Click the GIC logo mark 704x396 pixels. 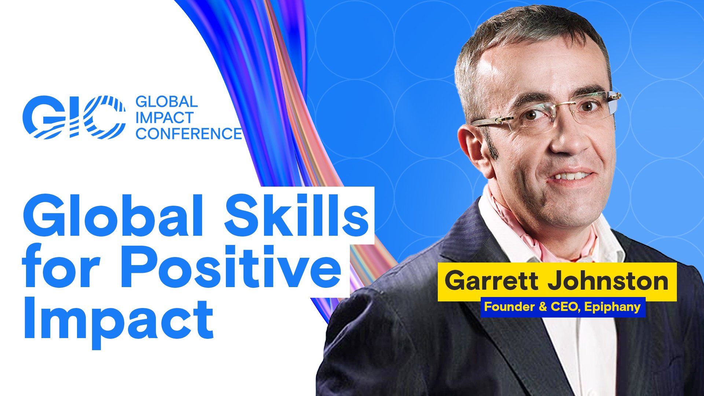tap(73, 117)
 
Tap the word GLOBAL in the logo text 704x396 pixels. tap(166, 102)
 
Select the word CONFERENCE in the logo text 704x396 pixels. tap(188, 134)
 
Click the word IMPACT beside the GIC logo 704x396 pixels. tap(164, 118)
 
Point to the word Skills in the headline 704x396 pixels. tap(296, 216)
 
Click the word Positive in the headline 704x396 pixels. tap(235, 269)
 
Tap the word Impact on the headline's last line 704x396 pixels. tap(118, 319)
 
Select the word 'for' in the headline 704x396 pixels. tap(60, 269)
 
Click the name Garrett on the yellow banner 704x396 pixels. tap(491, 281)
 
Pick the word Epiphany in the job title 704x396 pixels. tap(612, 307)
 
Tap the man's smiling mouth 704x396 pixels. tap(570, 177)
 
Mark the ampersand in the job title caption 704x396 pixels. tap(543, 307)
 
